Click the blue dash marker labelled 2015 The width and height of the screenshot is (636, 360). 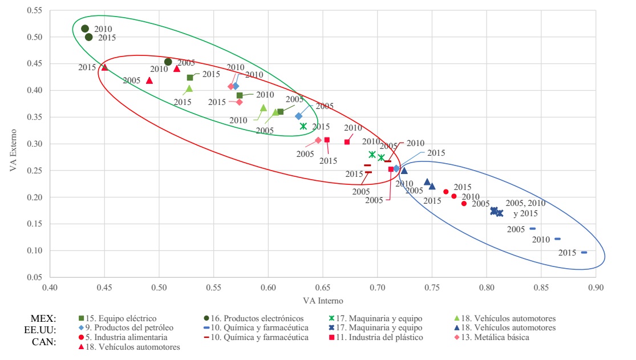tap(584, 252)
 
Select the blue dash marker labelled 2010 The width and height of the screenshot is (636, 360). tap(557, 239)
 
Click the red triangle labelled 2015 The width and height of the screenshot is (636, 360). tap(104, 67)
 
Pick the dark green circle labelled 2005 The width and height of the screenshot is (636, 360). tap(168, 62)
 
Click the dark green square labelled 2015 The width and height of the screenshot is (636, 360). tap(190, 78)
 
